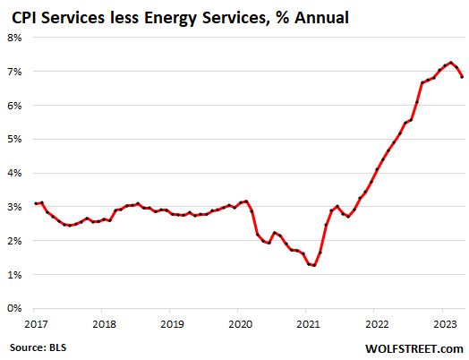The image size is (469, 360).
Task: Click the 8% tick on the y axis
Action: [x=15, y=38]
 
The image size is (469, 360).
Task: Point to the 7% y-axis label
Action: [x=15, y=72]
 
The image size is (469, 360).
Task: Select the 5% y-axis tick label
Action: [x=15, y=139]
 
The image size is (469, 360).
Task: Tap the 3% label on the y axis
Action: [x=15, y=207]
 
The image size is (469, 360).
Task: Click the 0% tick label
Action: [x=15, y=309]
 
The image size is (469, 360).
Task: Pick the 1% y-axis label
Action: [x=15, y=275]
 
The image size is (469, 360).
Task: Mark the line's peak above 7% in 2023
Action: [x=451, y=63]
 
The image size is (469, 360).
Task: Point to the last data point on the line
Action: [x=462, y=77]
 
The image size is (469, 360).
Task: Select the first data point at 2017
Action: [x=36, y=203]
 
